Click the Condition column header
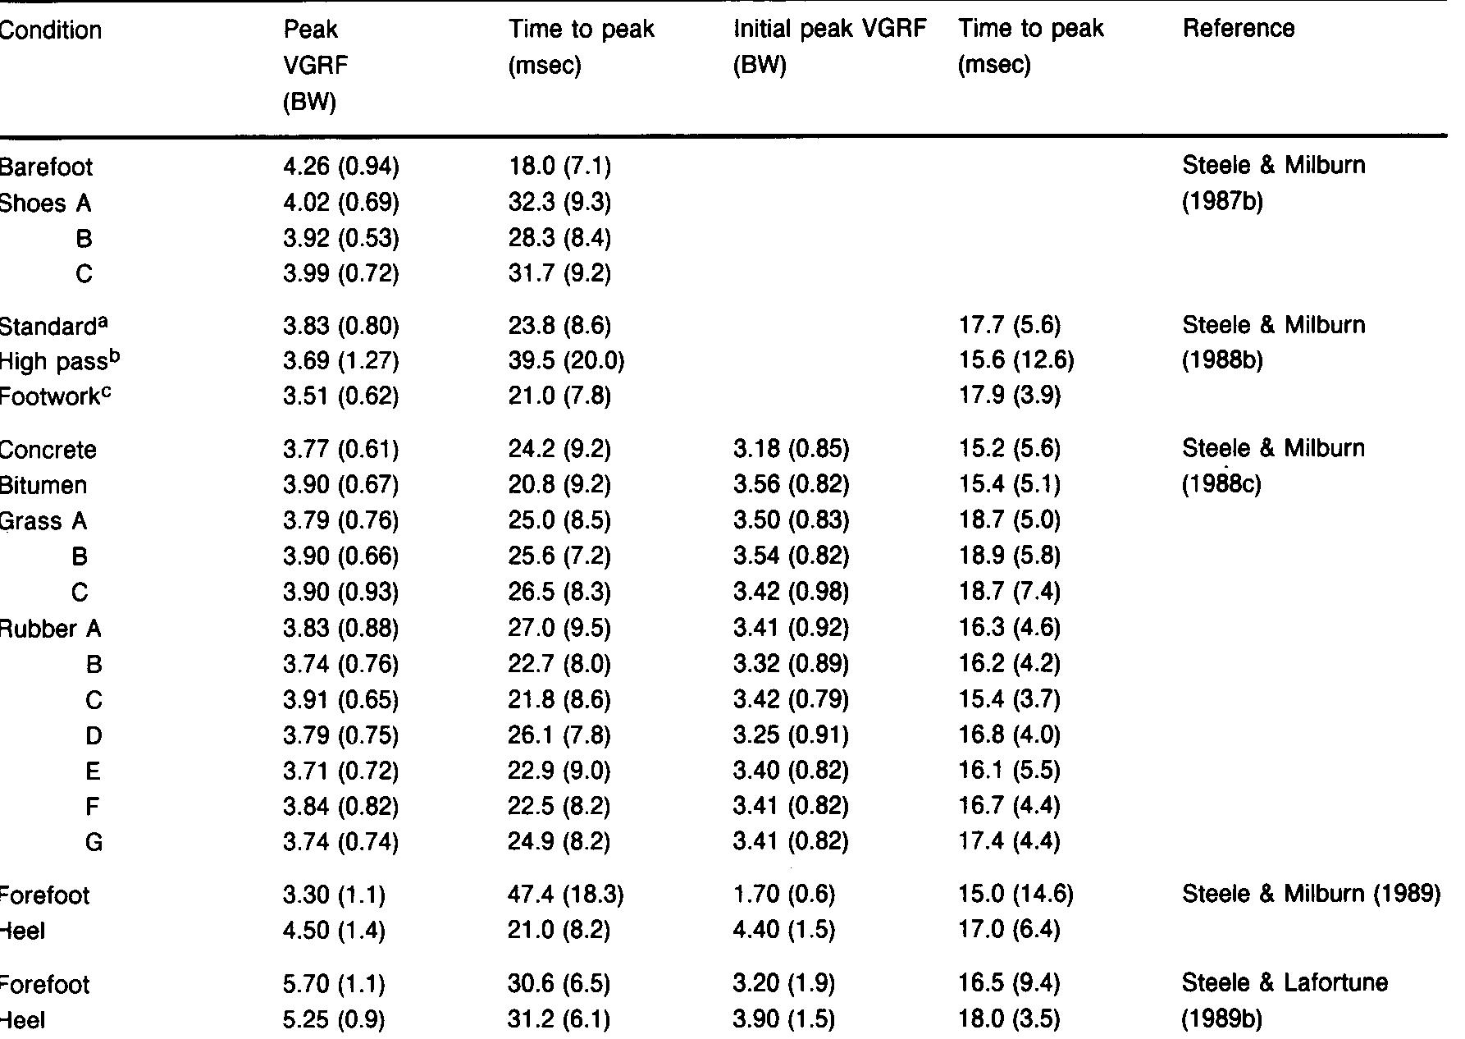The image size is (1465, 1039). (50, 30)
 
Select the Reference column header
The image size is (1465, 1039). (1238, 29)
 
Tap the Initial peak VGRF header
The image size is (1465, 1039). (829, 30)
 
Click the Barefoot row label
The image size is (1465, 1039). (46, 167)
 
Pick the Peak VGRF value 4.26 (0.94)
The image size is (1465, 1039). (340, 167)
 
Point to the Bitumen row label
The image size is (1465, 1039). (43, 485)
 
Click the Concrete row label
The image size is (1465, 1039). (48, 450)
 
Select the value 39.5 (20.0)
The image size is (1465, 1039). (565, 361)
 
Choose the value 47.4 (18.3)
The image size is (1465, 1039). (565, 895)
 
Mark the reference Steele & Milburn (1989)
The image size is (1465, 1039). (1311, 894)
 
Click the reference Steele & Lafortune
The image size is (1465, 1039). (1285, 982)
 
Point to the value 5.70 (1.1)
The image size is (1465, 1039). (334, 983)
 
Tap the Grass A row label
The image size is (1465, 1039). (43, 521)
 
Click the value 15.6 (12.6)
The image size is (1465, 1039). (1015, 361)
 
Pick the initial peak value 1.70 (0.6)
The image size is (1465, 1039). (783, 895)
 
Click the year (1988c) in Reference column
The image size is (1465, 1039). (1221, 484)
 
